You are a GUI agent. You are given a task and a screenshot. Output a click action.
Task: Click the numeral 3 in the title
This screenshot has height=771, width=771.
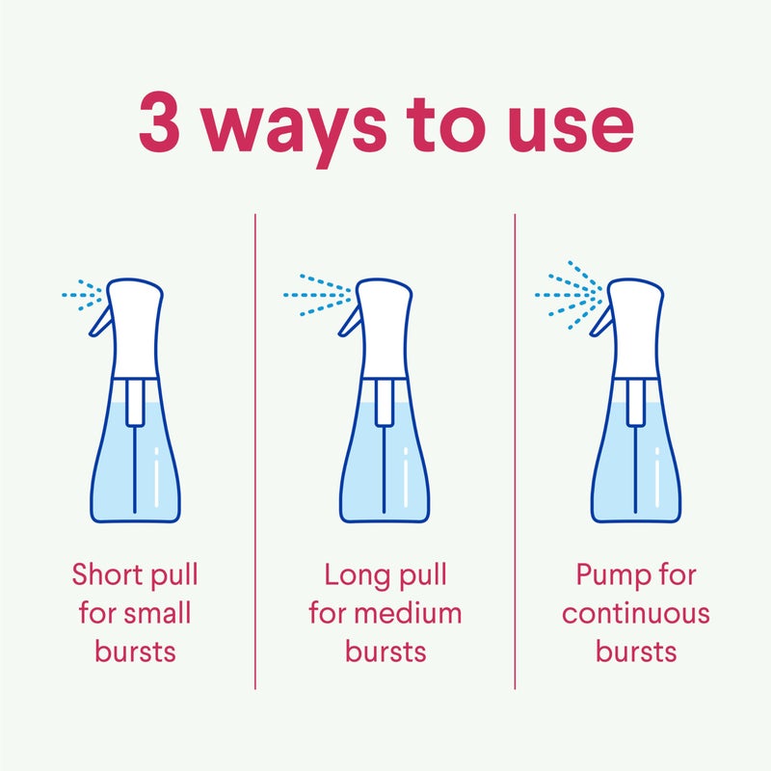(159, 121)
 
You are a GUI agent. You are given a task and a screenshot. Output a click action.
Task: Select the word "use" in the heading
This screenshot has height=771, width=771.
(572, 128)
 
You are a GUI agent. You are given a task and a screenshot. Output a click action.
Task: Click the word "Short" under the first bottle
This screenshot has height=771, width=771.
(108, 573)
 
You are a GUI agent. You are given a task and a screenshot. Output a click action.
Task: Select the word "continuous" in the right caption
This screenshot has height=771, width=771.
(636, 614)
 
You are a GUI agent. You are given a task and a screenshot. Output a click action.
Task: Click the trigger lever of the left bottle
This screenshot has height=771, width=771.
(100, 321)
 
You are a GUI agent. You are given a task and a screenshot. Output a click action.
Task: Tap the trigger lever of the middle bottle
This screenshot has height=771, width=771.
(349, 321)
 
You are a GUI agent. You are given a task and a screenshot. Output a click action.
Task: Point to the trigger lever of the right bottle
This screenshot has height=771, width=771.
(600, 321)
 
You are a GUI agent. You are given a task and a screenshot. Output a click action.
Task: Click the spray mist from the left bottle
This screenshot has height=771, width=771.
(82, 295)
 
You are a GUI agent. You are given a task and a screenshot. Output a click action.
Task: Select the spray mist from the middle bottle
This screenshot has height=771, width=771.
(317, 295)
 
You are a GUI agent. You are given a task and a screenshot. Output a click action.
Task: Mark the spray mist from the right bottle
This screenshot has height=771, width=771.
(569, 295)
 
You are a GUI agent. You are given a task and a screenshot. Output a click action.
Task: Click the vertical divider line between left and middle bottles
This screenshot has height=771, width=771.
(255, 451)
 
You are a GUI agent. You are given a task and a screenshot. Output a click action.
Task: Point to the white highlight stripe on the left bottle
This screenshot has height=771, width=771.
(157, 477)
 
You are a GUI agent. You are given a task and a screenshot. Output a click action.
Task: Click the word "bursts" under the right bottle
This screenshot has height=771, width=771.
(636, 651)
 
